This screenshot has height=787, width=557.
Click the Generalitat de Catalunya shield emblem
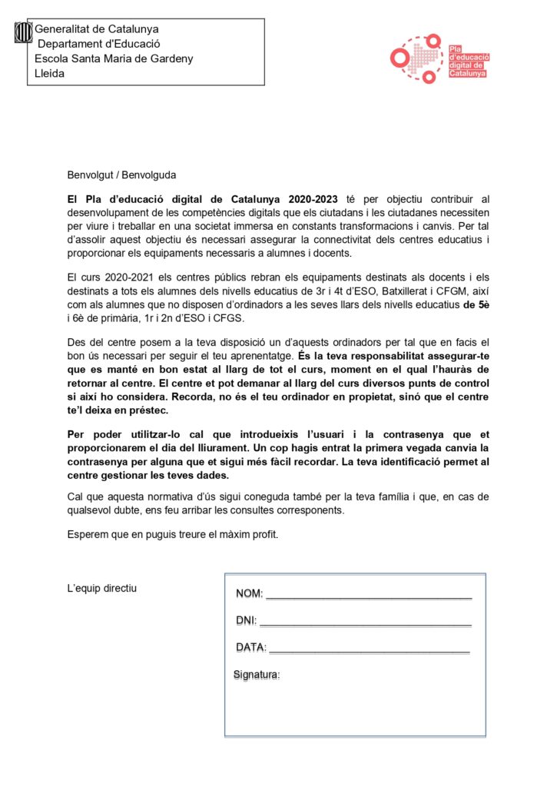[x=25, y=32]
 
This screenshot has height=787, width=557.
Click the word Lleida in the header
[x=50, y=74]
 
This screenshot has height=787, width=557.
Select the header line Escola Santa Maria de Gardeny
[x=114, y=58]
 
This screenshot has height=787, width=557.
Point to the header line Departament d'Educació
[x=99, y=44]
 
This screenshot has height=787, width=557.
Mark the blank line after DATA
[x=369, y=649]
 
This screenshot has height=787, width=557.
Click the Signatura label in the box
[x=257, y=675]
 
